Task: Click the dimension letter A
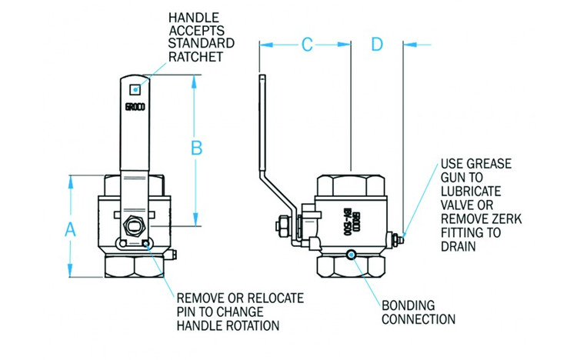(71, 228)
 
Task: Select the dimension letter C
(306, 45)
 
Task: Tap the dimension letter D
(377, 45)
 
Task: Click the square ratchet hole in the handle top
(136, 88)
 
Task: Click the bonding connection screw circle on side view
(352, 255)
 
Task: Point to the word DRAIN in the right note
(458, 247)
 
